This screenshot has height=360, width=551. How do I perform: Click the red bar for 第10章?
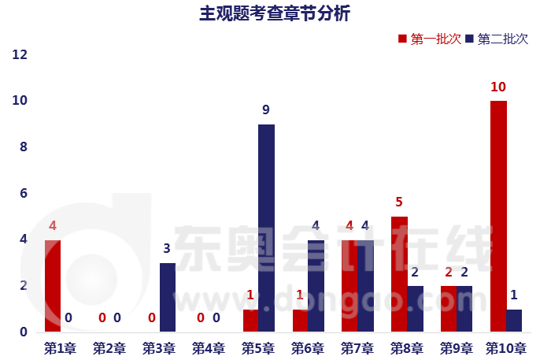(498, 216)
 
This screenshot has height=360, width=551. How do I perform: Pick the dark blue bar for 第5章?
(267, 228)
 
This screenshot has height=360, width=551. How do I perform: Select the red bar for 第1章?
(53, 285)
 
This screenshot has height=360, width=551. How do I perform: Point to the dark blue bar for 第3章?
(168, 297)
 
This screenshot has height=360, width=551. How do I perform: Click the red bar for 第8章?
(399, 273)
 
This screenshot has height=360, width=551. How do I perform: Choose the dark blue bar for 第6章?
(316, 285)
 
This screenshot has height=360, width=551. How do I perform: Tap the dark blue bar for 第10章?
(514, 320)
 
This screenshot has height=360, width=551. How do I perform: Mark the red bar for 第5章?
(250, 320)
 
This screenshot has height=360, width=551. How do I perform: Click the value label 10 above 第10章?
(498, 87)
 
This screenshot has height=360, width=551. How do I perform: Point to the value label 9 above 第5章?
(267, 110)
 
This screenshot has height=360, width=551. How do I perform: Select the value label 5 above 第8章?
(399, 202)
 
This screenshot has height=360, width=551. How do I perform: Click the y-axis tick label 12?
(20, 55)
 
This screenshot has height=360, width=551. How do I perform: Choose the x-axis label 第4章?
(209, 347)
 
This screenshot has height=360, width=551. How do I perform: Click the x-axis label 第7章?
(357, 347)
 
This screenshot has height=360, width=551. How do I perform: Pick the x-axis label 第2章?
(109, 347)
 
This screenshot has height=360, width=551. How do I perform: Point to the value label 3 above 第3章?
(167, 249)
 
